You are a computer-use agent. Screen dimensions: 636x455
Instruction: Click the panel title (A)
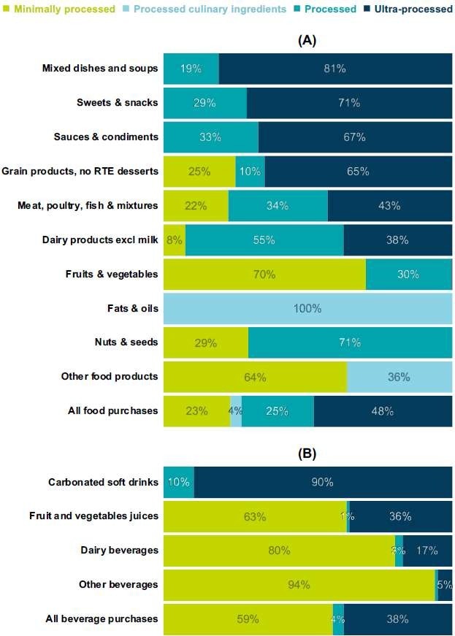pos(307,40)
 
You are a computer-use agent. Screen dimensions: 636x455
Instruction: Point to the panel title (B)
pos(307,453)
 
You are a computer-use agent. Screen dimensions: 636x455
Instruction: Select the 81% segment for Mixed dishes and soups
pos(335,69)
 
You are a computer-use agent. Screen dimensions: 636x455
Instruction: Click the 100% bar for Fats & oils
pos(307,308)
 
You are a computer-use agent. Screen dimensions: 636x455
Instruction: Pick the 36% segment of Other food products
pos(399,377)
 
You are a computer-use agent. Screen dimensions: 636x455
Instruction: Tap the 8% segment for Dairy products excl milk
pos(174,240)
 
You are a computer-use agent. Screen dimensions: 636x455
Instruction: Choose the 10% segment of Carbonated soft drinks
pos(178,482)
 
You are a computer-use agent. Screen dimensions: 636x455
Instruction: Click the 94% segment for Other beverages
pos(298,585)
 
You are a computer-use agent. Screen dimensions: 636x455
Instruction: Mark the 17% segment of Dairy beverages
pos(427,551)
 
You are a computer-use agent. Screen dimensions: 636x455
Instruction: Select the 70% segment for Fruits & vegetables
pos(264,274)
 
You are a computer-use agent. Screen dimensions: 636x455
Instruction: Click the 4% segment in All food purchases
pos(235,411)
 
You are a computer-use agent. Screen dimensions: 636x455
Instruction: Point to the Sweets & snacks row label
pos(117,103)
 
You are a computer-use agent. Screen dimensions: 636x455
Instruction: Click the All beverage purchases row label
pos(102,619)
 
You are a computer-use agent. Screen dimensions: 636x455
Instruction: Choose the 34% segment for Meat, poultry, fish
pos(278,205)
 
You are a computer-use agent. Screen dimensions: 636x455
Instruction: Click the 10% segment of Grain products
pos(250,171)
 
